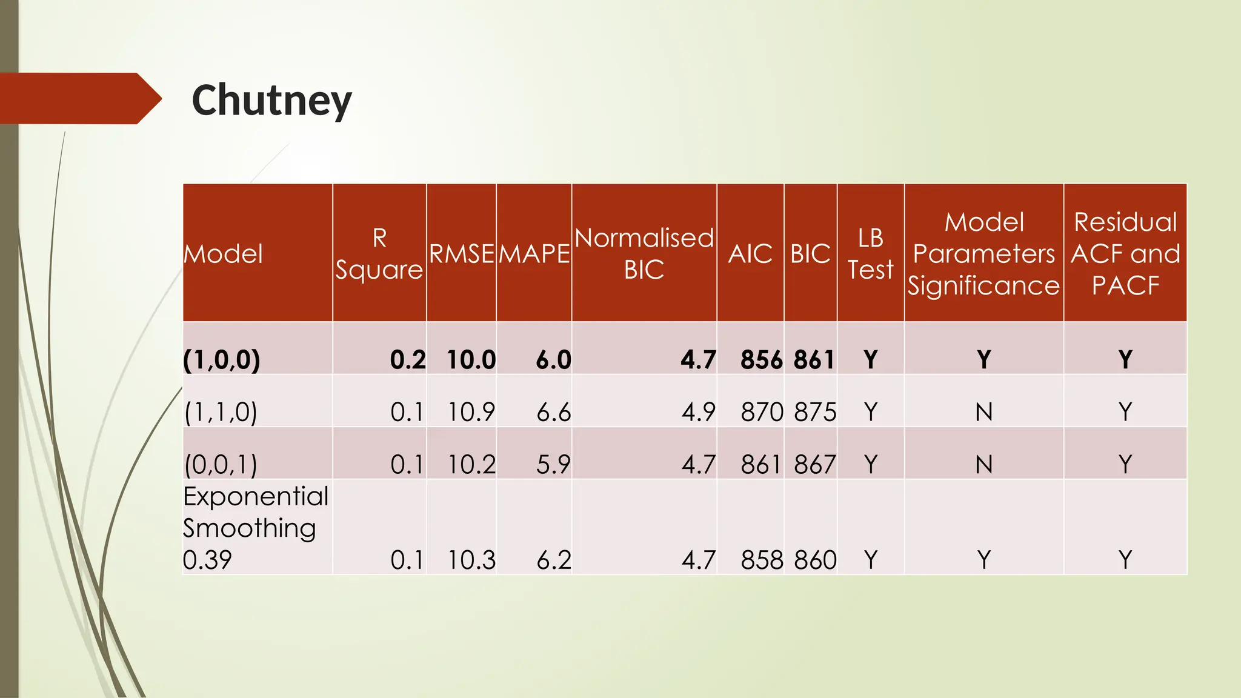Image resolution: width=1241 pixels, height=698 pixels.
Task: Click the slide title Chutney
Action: [271, 101]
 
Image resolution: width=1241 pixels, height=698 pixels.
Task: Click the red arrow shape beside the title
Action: [79, 98]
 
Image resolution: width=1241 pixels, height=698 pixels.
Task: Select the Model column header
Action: [223, 253]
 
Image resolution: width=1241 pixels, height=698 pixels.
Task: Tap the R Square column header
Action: [379, 253]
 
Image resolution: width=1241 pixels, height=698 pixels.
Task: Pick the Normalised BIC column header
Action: [644, 253]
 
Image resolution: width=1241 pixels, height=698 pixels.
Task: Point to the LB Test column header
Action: [870, 253]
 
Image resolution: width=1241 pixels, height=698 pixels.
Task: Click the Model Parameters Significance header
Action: [983, 253]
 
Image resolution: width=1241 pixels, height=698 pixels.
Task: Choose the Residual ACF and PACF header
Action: [1125, 253]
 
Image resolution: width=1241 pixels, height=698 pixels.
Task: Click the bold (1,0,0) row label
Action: [222, 360]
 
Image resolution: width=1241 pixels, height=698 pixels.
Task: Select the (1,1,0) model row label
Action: [221, 412]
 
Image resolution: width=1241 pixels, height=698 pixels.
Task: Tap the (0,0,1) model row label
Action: [221, 465]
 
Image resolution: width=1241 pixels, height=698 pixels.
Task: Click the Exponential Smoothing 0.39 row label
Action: [255, 527]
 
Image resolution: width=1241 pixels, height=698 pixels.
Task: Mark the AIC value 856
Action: [761, 360]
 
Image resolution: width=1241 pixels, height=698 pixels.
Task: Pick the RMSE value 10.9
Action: [471, 412]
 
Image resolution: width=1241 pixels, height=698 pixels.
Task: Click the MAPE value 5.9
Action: [553, 465]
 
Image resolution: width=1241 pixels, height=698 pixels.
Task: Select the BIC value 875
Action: [815, 412]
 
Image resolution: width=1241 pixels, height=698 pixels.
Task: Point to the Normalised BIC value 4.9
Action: [698, 412]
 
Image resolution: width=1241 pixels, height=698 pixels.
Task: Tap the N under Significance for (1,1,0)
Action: [984, 412]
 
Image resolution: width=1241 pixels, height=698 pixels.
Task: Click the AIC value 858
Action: [762, 560]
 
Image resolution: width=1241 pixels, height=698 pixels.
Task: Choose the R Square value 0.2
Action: [408, 360]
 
